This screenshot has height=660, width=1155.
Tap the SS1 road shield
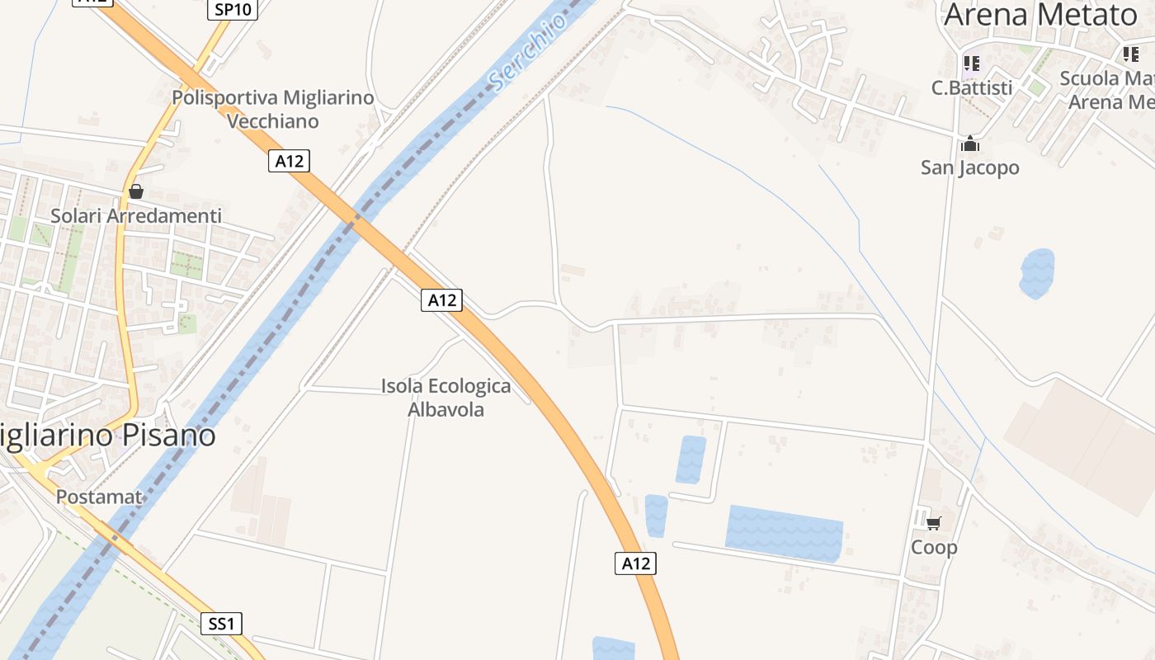pos(221,624)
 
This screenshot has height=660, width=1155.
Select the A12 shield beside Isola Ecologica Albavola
pos(442,300)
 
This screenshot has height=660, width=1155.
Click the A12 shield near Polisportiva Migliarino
pos(289,161)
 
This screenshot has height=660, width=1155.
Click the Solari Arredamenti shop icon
pos(136,192)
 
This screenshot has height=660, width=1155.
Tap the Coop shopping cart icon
pos(934,523)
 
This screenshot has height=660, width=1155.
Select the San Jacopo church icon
pos(970,144)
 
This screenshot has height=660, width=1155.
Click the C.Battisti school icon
pos(971,63)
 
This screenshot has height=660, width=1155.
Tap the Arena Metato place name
pos(1040,15)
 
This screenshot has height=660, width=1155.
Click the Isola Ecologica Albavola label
pos(445,398)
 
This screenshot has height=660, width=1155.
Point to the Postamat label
pos(99,497)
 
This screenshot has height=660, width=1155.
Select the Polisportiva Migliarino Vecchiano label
pos(273,109)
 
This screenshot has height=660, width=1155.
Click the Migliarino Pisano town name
pos(108,435)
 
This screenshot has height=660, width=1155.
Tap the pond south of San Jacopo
pos(1037,272)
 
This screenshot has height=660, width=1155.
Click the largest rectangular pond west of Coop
pos(784,534)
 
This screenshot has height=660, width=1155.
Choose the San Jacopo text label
pos(970,168)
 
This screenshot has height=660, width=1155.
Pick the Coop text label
pos(934,547)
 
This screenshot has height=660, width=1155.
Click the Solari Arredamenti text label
pos(136,216)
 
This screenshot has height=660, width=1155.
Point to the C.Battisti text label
pos(972,87)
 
